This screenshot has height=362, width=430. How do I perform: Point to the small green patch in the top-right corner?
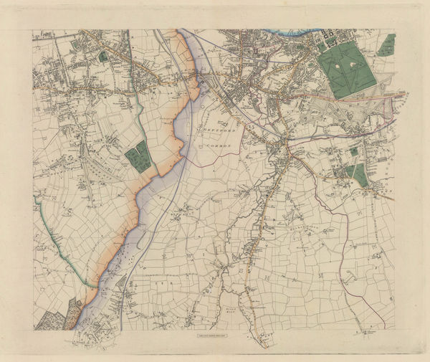tap(387, 44)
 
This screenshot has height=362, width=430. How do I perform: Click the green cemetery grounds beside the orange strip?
tap(138, 156)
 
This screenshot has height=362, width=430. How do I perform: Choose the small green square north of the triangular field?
tap(354, 152)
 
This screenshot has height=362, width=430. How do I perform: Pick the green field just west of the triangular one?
tap(349, 171)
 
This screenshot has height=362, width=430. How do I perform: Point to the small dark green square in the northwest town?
tap(103, 55)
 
